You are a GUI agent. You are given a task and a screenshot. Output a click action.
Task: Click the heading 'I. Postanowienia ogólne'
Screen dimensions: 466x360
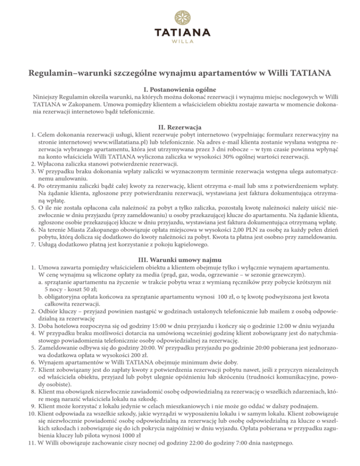pyautogui.click(x=180, y=89)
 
